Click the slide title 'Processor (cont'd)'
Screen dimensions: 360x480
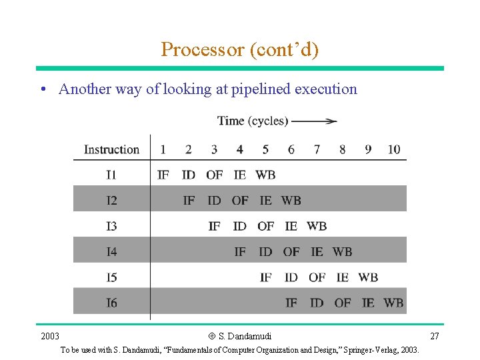coord(239,49)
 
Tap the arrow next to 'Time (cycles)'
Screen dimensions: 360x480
coord(314,121)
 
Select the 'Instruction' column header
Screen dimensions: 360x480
coord(111,149)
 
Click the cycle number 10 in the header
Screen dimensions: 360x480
coord(394,149)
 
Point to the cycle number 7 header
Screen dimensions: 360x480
coord(317,149)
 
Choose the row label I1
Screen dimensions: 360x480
coord(111,175)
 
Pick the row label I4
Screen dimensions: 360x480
coord(111,252)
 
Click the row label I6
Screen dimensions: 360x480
coord(111,303)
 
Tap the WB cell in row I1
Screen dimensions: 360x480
coord(265,175)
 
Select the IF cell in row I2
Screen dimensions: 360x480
coord(189,201)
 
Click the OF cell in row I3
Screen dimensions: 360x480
coord(265,226)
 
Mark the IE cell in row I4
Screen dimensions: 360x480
coord(317,252)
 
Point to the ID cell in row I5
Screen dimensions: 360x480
coord(291,277)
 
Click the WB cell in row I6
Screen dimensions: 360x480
coord(393,303)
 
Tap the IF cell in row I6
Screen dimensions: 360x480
coord(291,303)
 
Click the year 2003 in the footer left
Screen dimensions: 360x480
coord(50,336)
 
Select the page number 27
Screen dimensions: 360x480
coord(435,336)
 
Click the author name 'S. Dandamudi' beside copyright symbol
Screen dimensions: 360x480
coord(245,336)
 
